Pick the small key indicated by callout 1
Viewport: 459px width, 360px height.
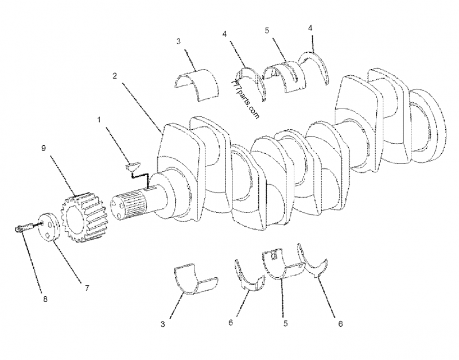coord(133,166)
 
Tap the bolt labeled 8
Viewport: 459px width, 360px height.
coord(21,230)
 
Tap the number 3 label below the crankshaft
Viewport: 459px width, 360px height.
coord(163,324)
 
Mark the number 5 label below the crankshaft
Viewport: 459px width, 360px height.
coord(285,323)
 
